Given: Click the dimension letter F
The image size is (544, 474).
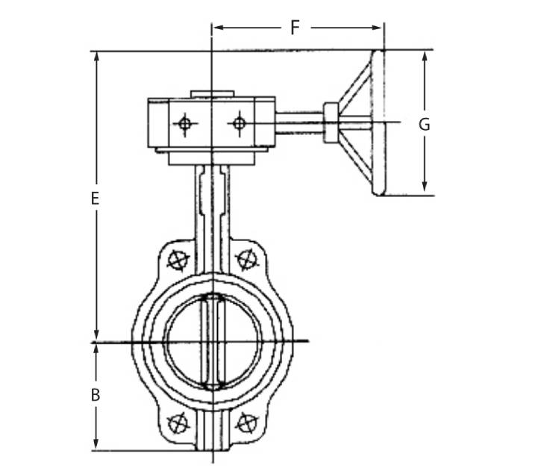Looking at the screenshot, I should pos(295,28).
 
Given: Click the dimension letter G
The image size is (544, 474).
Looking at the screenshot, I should pos(424,125).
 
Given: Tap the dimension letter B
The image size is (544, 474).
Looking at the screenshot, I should pos(95,395).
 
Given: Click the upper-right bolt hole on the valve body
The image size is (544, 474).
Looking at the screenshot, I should pos(246,260).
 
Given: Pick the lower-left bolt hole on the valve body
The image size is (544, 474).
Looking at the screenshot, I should pos(178,423).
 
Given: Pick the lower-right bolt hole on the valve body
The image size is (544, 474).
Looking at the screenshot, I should pos(246,423).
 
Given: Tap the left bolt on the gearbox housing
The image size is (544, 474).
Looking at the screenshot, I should pos(185,124).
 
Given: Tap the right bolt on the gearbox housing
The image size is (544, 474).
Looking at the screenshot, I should pos(239,123).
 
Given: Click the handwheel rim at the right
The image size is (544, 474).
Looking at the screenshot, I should pos(378,123).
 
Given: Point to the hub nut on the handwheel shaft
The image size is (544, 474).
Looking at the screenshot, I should pos(331,123).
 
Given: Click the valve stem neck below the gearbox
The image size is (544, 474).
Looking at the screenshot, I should pos(213,198).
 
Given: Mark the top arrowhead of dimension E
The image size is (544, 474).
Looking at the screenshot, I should pos(96,57).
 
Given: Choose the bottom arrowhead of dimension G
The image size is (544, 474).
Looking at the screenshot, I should pos(424,190).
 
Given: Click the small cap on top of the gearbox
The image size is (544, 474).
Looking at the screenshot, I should pos(212,94).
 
